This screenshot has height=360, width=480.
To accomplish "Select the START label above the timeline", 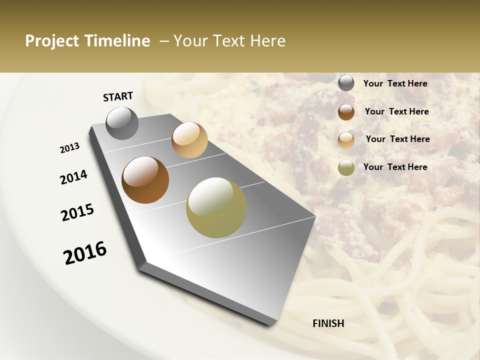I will click(x=118, y=96).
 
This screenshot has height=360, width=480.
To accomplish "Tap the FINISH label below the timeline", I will click(x=328, y=323).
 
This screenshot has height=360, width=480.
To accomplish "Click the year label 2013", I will click(x=70, y=148).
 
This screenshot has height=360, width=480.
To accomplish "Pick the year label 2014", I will click(x=73, y=177).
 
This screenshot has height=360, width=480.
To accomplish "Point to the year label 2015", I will click(x=77, y=212).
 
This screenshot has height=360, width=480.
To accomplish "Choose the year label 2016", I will click(x=85, y=253).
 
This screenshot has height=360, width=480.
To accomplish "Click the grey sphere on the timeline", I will click(x=122, y=123).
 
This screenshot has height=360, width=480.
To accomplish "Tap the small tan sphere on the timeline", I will click(x=189, y=140).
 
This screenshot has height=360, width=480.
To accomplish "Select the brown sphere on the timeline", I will click(x=145, y=180).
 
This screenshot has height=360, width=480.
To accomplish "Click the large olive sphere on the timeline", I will click(x=216, y=207).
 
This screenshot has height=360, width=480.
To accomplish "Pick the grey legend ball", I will click(x=346, y=83).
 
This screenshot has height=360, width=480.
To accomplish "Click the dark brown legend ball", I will click(x=346, y=111).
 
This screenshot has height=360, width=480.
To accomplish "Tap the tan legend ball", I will click(x=346, y=139).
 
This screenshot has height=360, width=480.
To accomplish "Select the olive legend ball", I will click(x=346, y=167).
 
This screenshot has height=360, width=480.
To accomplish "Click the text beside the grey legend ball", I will click(x=395, y=83).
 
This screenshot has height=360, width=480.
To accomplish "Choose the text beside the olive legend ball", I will click(x=395, y=167).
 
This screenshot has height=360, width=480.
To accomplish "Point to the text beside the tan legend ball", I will click(x=397, y=139).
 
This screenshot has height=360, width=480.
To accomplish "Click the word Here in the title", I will click(x=267, y=41).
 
